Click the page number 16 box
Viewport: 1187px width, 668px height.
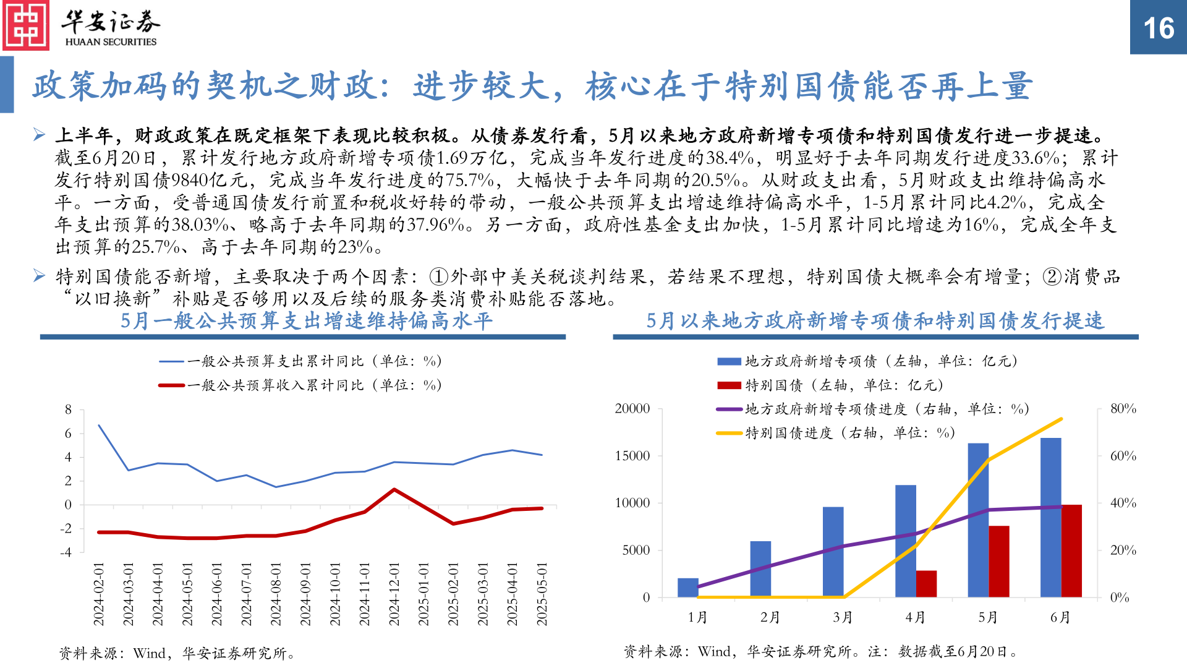coord(1158,27)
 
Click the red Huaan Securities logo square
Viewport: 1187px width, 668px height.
coord(25,25)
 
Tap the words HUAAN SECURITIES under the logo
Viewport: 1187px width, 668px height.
coord(111,42)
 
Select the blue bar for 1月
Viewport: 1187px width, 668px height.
coord(687,588)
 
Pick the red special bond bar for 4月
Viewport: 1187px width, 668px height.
coord(926,583)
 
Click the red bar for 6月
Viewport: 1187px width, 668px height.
coord(1071,550)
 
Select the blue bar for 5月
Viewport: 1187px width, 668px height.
coord(978,520)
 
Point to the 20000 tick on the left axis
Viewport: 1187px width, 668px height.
coord(632,409)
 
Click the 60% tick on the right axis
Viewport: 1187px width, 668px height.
coord(1123,456)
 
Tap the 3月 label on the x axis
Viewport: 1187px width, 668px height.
coord(842,617)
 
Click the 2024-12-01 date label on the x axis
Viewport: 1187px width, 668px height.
coord(394,594)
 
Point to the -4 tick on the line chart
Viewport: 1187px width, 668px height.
coord(66,552)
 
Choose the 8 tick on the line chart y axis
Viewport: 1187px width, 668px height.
coord(68,409)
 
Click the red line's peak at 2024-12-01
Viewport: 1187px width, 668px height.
coord(394,489)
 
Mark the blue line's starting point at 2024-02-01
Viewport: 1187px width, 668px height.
coord(99,425)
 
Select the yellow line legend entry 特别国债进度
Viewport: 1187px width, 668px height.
coord(835,433)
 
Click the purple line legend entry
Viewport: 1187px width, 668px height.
coord(872,409)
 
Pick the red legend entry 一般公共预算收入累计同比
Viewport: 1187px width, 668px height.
coord(300,385)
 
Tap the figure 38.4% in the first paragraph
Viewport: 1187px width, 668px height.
coord(730,158)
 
